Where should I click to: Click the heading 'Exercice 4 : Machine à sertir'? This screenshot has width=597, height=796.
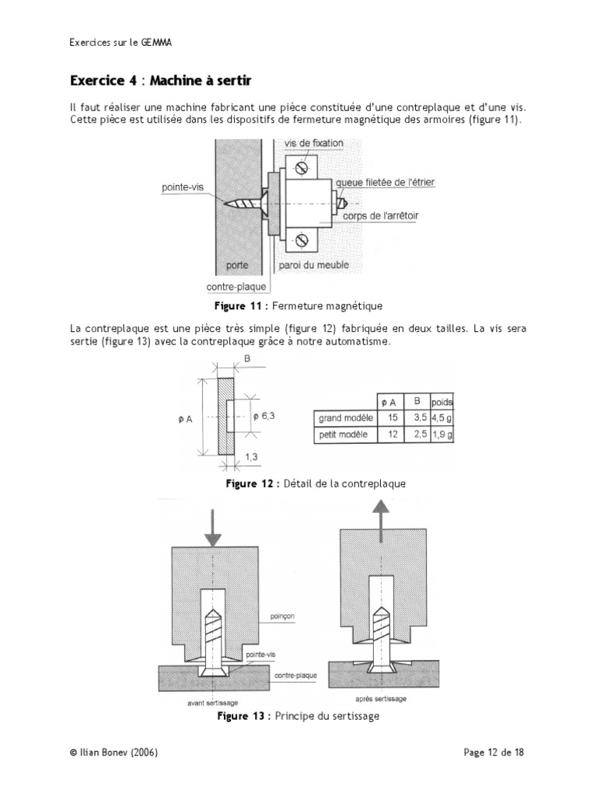coord(161,81)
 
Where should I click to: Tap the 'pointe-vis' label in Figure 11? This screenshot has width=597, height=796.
coord(183,187)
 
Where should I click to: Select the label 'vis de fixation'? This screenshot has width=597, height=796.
coord(315,144)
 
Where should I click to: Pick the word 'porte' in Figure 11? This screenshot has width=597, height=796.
coord(237,266)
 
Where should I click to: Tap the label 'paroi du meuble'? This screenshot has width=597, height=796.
coord(312,266)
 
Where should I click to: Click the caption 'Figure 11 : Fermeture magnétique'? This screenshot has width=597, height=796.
coord(298,305)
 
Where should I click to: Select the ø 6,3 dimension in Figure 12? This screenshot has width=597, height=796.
coord(264,416)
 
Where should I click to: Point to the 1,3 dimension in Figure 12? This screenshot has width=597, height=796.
coord(252,458)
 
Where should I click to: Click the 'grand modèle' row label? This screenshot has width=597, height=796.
coord(343,418)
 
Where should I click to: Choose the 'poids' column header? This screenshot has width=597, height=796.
coord(442,402)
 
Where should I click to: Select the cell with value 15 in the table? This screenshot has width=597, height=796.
coord(392,418)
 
